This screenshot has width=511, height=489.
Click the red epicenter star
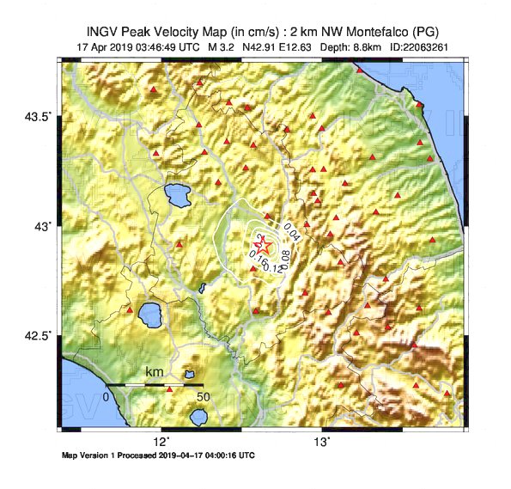[264, 248]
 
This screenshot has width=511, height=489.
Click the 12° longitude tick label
[161, 443]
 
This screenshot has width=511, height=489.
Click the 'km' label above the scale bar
[155, 372]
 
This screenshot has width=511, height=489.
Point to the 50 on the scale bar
[203, 397]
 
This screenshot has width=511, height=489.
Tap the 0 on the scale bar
[106, 397]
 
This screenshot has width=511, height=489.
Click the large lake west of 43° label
[179, 196]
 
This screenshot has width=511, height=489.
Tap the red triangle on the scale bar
[169, 388]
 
